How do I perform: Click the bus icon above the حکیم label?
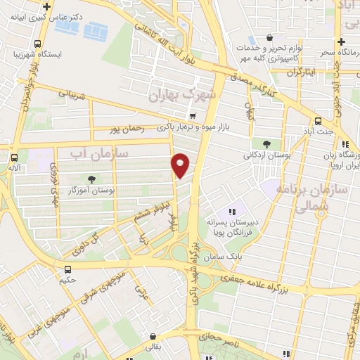(67, 269)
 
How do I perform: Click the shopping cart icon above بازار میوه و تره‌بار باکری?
(193, 115)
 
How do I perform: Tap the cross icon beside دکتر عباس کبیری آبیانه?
(47, 6)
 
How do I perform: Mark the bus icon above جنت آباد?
(318, 120)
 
